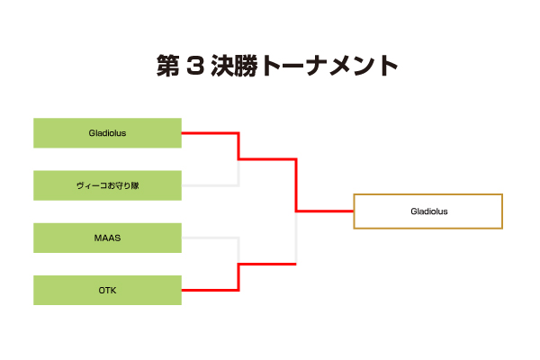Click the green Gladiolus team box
point(107,133)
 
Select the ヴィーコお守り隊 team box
point(107,185)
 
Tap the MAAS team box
point(107,238)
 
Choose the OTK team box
point(107,290)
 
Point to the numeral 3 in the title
point(195,66)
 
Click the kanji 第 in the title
point(168,66)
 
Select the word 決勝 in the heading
point(234,66)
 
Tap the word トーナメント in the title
point(329,66)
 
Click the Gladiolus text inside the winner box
point(429,211)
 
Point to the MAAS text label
point(107,238)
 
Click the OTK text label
point(107,291)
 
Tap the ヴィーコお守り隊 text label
point(107,185)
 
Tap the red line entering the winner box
point(325,211)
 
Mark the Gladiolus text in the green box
point(107,133)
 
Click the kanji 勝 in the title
point(247,66)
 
